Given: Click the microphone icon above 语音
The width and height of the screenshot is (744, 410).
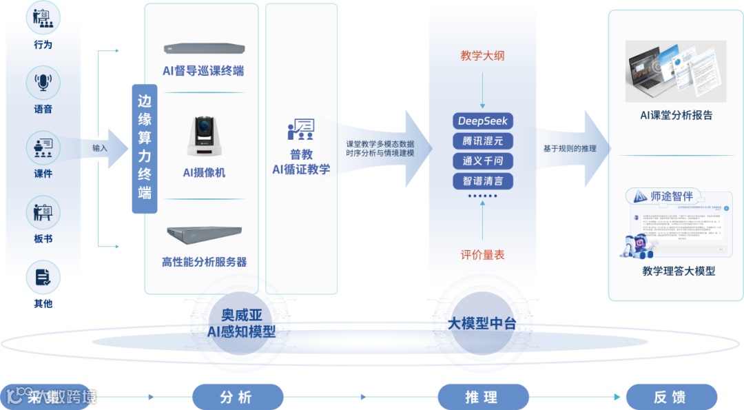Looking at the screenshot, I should click(x=43, y=82).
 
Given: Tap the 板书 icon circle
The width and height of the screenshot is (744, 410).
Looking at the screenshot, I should click(x=43, y=212).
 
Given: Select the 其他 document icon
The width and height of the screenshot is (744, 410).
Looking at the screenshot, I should click(x=43, y=276).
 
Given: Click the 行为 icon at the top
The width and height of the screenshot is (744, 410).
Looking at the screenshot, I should click(x=43, y=18).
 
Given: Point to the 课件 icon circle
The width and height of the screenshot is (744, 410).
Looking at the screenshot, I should click(x=43, y=147).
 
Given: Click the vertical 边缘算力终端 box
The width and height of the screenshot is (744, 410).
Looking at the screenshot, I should click(x=145, y=148).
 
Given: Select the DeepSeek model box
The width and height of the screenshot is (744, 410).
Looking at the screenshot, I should click(x=483, y=121).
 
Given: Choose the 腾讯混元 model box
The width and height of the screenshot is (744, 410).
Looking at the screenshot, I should click(x=483, y=141).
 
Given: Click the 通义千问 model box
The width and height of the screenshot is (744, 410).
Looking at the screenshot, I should click(x=483, y=161).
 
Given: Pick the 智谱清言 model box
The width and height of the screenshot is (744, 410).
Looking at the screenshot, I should click(x=483, y=181).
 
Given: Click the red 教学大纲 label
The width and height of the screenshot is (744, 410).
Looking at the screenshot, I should click(x=482, y=55).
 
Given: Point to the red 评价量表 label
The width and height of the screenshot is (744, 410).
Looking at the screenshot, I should click(x=482, y=255).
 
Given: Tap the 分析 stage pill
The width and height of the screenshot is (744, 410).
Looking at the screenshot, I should click(x=237, y=397).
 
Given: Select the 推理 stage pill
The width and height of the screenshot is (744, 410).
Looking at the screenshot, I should click(x=483, y=397).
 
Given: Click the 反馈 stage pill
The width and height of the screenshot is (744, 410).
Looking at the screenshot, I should click(x=671, y=397).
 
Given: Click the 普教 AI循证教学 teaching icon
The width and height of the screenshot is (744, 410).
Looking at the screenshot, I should click(x=301, y=130).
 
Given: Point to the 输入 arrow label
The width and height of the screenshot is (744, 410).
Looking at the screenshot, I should click(x=100, y=147).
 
